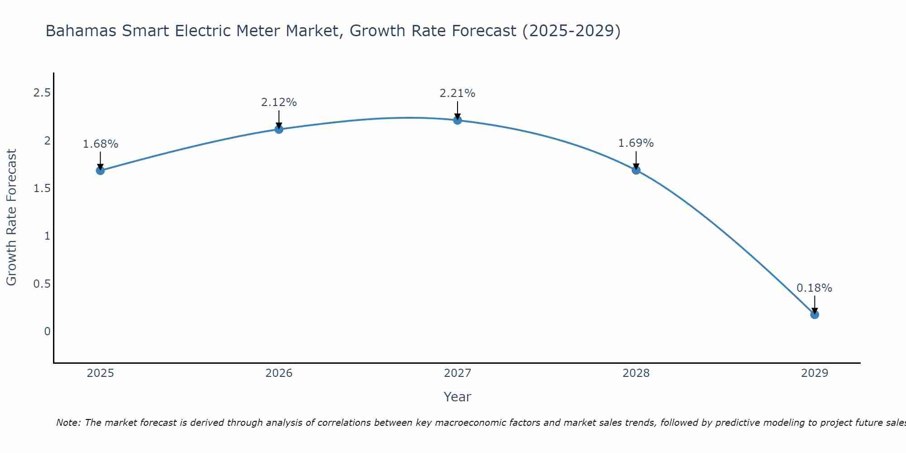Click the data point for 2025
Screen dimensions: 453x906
pos(100,171)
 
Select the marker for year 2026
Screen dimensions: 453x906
pos(279,129)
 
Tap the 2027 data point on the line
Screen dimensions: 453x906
pos(458,120)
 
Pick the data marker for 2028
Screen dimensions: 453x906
pos(636,170)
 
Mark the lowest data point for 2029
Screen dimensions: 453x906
pos(814,314)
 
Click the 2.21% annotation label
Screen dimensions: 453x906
pos(458,93)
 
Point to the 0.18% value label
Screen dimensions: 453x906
pos(814,288)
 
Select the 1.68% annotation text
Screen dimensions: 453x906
pos(100,144)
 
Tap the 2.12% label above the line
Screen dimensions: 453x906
pos(279,102)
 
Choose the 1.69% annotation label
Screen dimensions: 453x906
pos(636,143)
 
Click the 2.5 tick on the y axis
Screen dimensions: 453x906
pos(42,93)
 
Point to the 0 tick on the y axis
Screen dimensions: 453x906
pos(47,332)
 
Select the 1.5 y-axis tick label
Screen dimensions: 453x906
pos(42,188)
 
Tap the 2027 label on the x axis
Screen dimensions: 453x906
pos(458,373)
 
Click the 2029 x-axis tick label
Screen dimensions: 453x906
pos(814,373)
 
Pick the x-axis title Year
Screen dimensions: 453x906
pos(458,397)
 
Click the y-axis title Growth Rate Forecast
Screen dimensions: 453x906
pos(11,217)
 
